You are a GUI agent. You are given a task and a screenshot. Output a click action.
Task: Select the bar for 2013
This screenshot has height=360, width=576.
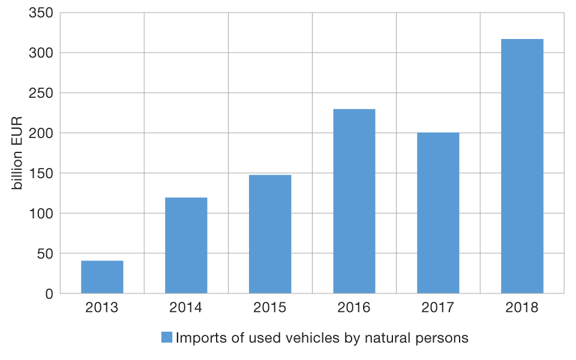(102, 277)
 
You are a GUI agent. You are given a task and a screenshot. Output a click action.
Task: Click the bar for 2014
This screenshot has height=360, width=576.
(186, 245)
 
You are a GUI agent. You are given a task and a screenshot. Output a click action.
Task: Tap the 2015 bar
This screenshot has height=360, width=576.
(270, 234)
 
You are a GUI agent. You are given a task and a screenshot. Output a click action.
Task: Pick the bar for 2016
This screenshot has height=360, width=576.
(354, 201)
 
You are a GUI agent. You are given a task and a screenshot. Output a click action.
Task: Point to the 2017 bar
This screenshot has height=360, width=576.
(438, 213)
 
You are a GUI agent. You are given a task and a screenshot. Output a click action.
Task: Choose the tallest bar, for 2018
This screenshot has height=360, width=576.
(522, 166)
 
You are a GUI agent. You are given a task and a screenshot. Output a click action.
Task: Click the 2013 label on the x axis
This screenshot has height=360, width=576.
(102, 308)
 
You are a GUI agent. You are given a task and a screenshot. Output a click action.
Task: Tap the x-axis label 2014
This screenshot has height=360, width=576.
(186, 308)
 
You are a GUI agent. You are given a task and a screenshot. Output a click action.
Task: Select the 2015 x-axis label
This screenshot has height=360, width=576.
(270, 308)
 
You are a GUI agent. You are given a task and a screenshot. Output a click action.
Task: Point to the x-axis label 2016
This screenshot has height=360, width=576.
(354, 308)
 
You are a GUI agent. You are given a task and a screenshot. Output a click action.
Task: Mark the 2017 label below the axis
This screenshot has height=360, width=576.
(438, 308)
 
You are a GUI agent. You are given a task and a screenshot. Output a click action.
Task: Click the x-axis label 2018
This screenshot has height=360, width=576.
(522, 308)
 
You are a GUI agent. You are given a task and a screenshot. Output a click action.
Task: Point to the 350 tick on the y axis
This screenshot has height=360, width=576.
(41, 13)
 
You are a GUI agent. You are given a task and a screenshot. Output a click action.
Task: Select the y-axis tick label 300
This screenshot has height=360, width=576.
(41, 53)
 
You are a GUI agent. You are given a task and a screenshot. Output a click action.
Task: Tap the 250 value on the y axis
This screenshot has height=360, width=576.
(41, 93)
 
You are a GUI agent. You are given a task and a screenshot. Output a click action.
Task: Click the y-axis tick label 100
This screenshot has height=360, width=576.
(41, 213)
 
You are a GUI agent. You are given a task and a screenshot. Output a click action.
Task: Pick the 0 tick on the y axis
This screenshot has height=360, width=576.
(49, 293)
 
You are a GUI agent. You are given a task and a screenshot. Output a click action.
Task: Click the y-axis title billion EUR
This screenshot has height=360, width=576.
(17, 153)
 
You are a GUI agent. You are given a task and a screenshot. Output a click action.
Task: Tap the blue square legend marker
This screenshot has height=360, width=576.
(167, 338)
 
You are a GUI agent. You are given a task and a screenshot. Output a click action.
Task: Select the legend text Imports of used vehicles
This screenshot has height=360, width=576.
(322, 338)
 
